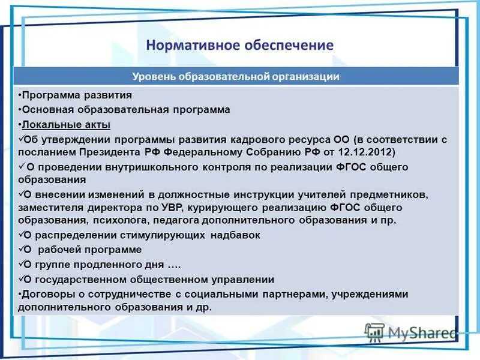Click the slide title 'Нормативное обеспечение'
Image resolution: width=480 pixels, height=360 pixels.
[239, 46]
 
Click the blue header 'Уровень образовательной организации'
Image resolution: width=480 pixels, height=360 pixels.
[236, 76]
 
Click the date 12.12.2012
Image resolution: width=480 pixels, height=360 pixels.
[367, 152]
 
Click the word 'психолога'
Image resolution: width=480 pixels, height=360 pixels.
[119, 220]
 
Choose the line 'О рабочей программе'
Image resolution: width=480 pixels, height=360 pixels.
[82, 250]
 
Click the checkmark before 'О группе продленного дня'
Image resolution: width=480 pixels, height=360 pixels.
[21, 264]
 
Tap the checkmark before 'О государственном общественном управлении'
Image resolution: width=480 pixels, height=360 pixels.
[21, 279]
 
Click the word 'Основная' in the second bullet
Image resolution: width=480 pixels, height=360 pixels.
[47, 110]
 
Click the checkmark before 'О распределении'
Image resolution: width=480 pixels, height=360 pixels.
[21, 235]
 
